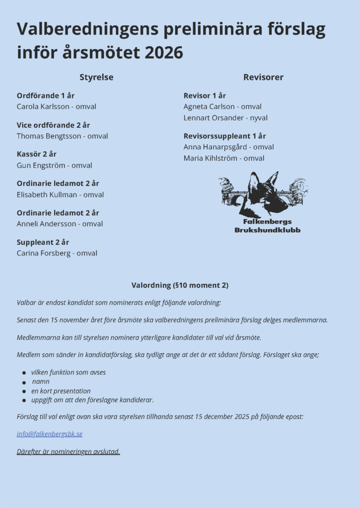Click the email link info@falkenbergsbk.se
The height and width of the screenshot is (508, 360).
point(50,434)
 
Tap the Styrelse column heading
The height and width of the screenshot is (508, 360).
point(96,77)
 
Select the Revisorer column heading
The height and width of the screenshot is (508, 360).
point(263,77)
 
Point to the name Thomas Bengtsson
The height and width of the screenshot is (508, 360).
point(45,136)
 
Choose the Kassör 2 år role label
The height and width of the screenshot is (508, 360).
point(37,154)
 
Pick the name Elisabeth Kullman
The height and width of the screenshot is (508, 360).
point(46,194)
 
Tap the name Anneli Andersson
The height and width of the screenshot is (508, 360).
point(46,224)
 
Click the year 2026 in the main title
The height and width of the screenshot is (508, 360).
point(164,53)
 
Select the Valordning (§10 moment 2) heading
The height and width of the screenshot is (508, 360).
point(180,285)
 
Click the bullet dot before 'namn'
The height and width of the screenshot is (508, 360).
point(24,382)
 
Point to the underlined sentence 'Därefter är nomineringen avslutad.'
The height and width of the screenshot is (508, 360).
point(69,451)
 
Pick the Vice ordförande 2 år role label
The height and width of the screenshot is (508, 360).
point(53,125)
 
